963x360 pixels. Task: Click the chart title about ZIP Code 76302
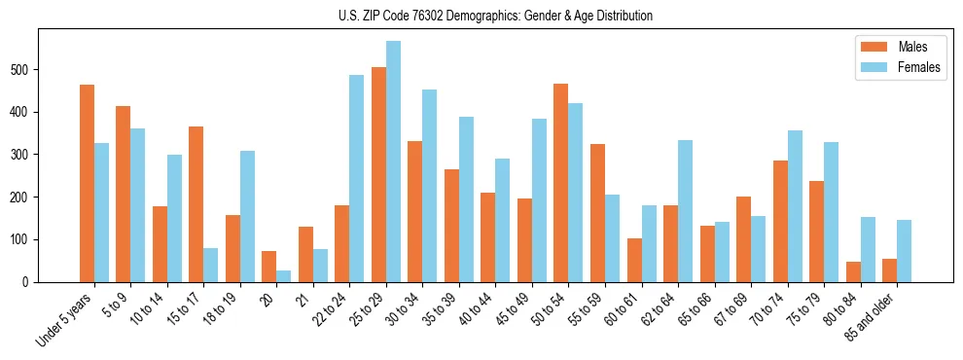point(481,16)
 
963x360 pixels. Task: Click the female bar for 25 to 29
point(393,162)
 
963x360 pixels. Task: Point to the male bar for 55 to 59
point(597,213)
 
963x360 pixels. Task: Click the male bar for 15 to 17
point(196,204)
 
